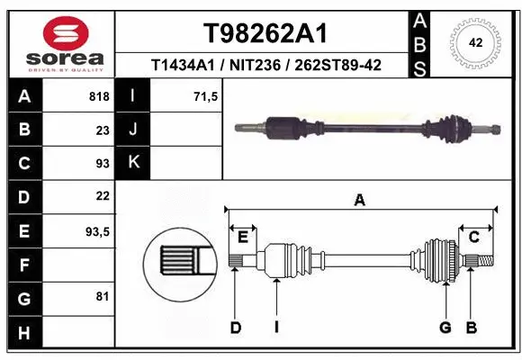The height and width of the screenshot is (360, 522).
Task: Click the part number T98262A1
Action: click(x=265, y=33)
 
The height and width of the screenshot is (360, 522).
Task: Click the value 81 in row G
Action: click(x=103, y=296)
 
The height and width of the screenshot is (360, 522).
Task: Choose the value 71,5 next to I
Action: click(x=206, y=96)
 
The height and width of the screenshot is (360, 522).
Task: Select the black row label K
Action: click(x=133, y=163)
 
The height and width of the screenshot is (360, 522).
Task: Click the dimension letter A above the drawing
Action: click(x=360, y=200)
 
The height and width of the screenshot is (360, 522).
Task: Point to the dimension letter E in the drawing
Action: click(x=242, y=237)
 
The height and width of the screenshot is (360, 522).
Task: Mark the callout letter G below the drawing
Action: click(x=445, y=328)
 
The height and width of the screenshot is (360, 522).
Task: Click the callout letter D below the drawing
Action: click(x=235, y=328)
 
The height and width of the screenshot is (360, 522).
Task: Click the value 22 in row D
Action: click(x=103, y=196)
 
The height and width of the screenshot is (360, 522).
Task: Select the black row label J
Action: click(x=133, y=130)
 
